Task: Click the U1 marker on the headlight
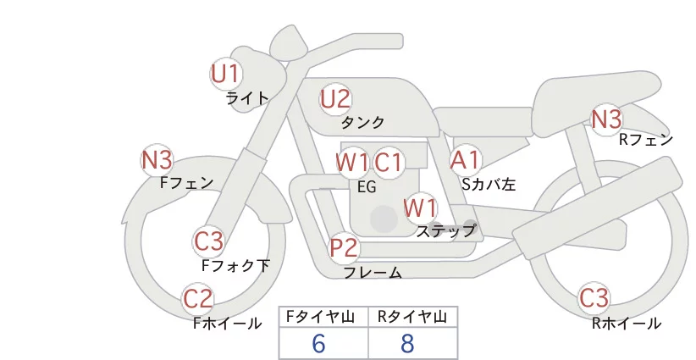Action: tap(226, 74)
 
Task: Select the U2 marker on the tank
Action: tap(335, 99)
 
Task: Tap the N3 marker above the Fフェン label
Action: tap(157, 160)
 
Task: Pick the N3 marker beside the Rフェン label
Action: tap(607, 119)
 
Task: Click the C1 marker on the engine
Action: tap(389, 163)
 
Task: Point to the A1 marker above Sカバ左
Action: tap(465, 160)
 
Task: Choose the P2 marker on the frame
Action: tap(344, 247)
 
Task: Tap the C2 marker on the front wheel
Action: tap(198, 299)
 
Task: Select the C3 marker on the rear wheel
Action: tap(594, 298)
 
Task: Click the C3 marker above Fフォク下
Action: tap(209, 241)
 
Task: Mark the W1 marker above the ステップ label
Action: tap(420, 208)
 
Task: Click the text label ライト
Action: tap(247, 98)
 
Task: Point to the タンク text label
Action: tap(362, 122)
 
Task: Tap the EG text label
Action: tap(367, 187)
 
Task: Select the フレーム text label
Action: tap(373, 272)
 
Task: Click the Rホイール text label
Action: tap(627, 324)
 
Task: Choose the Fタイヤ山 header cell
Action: tap(323, 317)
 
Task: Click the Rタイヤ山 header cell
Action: tap(413, 317)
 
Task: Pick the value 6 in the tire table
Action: tap(318, 343)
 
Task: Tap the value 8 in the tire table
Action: tap(407, 343)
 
